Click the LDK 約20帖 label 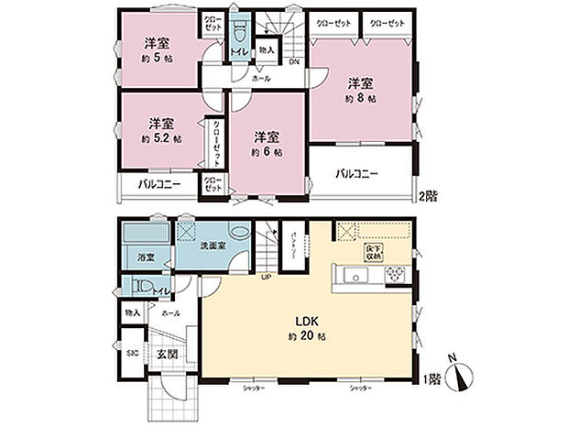pos(305,328)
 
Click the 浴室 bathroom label pos(146,257)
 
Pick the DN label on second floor pos(294,62)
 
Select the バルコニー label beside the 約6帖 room pos(356,172)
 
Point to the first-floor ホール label pos(169,313)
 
